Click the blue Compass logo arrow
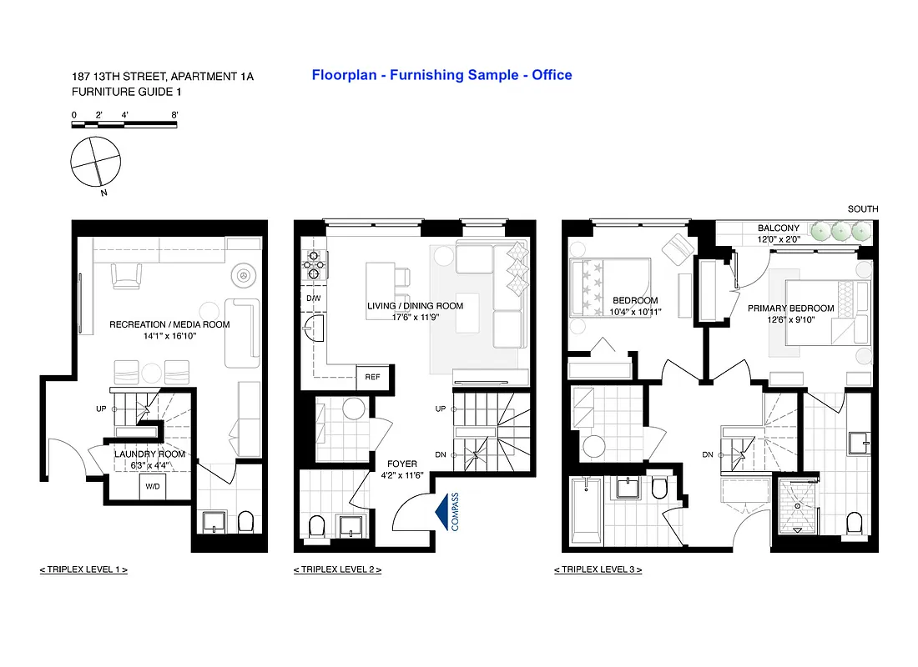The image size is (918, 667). (441, 509)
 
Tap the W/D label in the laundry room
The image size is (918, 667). (153, 485)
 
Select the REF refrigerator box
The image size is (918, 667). (372, 377)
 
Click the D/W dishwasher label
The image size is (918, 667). (313, 298)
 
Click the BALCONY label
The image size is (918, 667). (778, 228)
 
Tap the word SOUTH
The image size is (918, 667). (862, 209)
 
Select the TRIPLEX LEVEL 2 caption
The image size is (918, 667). (337, 569)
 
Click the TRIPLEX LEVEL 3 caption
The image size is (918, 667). (598, 569)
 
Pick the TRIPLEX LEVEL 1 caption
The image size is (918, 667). (83, 569)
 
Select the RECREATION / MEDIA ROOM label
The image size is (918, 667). (169, 324)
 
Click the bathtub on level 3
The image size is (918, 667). (588, 509)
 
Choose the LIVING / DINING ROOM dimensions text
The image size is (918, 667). (415, 317)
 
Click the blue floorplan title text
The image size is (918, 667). (441, 75)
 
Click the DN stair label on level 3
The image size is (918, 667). (708, 454)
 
